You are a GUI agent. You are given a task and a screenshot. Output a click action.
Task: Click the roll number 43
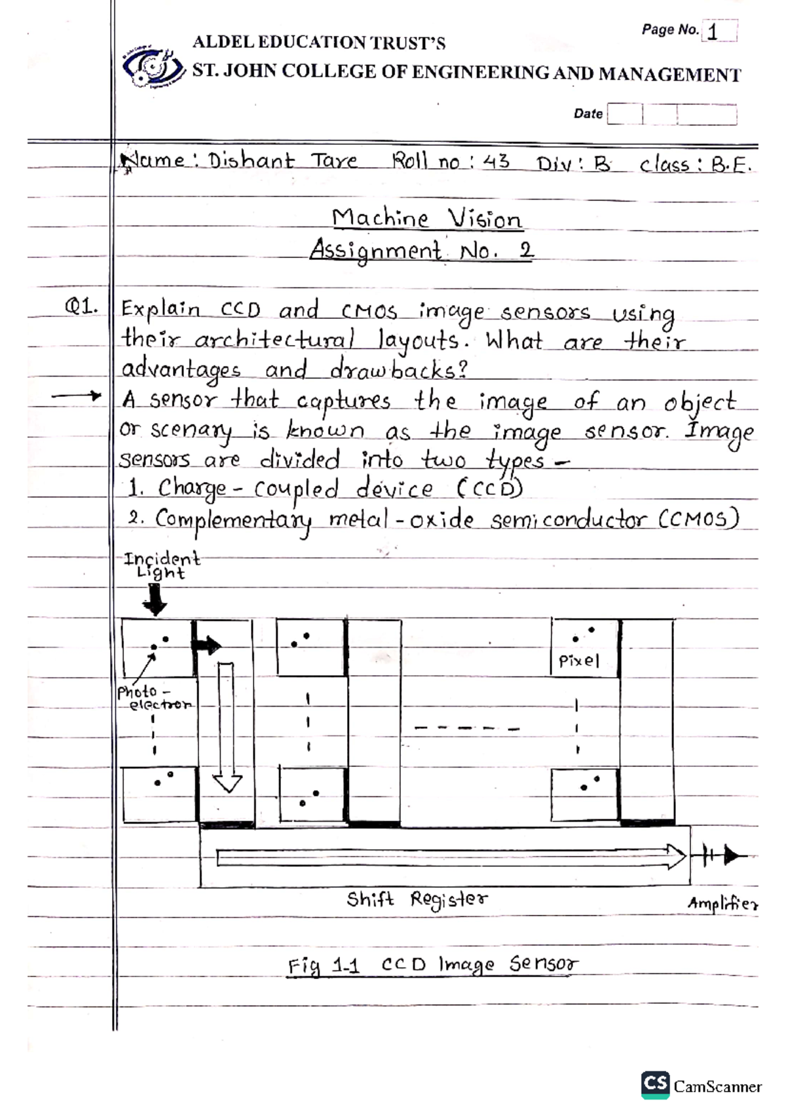(x=496, y=161)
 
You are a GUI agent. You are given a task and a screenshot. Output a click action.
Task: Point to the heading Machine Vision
(x=426, y=218)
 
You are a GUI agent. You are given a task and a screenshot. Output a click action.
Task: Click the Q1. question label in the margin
(x=81, y=306)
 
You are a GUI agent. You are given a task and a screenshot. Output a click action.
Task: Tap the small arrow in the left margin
(x=77, y=396)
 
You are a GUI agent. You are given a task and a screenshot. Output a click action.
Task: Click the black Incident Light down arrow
(x=155, y=599)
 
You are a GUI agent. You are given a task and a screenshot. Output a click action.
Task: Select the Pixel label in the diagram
(x=578, y=661)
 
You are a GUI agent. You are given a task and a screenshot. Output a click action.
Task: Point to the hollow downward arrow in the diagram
(x=227, y=727)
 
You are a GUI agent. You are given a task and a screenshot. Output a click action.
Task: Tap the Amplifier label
(x=722, y=904)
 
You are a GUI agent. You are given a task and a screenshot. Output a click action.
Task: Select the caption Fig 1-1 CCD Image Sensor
(x=433, y=965)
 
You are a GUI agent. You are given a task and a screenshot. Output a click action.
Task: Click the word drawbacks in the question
(x=399, y=371)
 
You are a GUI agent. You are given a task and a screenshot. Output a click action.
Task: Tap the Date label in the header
(x=588, y=114)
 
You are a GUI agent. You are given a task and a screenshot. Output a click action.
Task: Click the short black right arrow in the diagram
(x=206, y=646)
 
